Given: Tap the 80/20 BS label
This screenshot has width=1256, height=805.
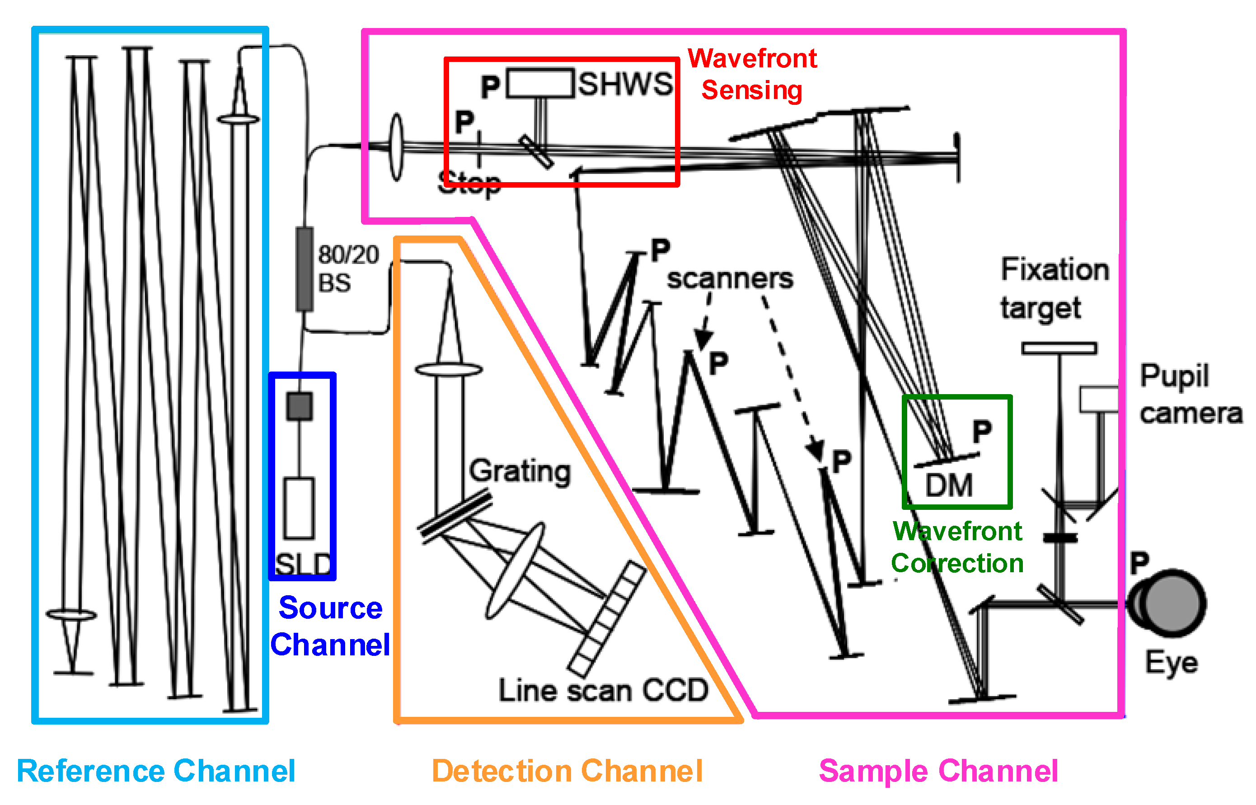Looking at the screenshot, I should pyautogui.click(x=348, y=268).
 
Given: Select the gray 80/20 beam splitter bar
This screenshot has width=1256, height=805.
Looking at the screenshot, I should pyautogui.click(x=305, y=269).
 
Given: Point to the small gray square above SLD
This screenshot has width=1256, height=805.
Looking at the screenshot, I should pyautogui.click(x=300, y=406).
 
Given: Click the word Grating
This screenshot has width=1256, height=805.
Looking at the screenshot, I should pyautogui.click(x=519, y=471).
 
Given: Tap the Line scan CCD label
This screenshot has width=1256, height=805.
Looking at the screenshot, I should pyautogui.click(x=603, y=691).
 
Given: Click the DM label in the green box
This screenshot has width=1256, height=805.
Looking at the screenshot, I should pyautogui.click(x=948, y=485).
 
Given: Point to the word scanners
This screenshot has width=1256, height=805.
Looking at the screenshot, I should pyautogui.click(x=729, y=278).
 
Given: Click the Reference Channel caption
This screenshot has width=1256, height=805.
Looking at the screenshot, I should pyautogui.click(x=156, y=771).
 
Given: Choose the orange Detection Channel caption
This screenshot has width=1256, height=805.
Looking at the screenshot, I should pyautogui.click(x=567, y=771).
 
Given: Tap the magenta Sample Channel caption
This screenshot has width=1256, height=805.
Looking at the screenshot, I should pyautogui.click(x=938, y=771).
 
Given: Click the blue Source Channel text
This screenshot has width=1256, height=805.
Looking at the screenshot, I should pyautogui.click(x=330, y=626).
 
